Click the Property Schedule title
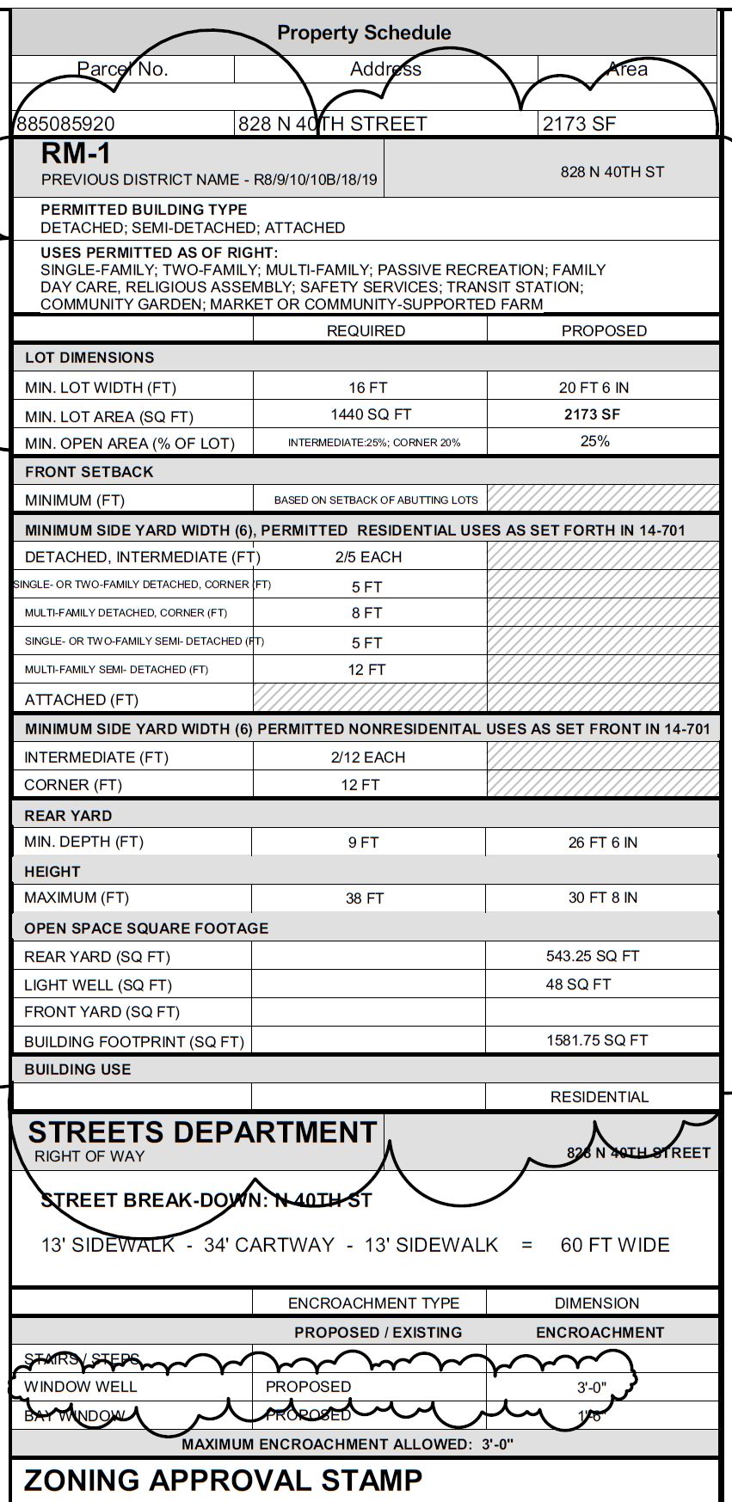coord(364,33)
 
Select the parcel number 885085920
coord(65,124)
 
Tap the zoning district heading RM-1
coord(76,154)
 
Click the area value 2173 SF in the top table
coord(579,124)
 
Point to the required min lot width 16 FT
coord(368,388)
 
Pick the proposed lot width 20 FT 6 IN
coord(594,388)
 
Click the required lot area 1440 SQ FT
coord(371,414)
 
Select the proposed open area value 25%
coord(594,441)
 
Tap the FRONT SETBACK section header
coord(89,472)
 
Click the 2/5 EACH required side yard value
coord(368,557)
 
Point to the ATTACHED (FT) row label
coord(81,700)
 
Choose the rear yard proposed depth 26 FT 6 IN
coord(602,843)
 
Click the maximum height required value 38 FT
coord(364,898)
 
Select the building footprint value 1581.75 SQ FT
coord(597,1040)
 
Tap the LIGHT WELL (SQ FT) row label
coord(97,985)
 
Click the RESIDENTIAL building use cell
coord(599,1097)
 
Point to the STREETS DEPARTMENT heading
coord(202,1132)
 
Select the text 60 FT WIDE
coord(614,1245)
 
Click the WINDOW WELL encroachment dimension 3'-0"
coord(592,1387)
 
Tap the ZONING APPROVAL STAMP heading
coord(223,1481)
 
